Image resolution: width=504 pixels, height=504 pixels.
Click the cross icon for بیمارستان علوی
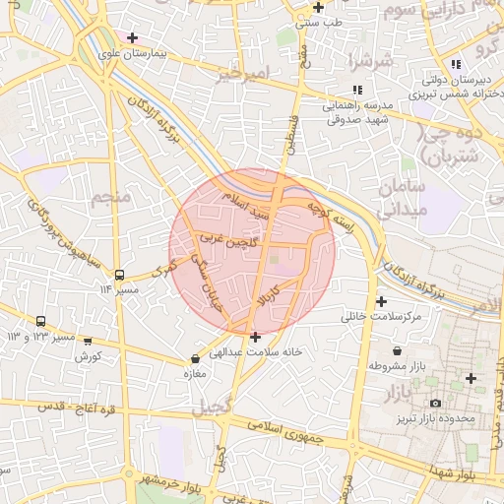[132, 37]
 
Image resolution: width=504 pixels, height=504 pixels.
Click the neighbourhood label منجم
[110, 198]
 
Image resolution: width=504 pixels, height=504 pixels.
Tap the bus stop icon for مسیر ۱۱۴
[120, 275]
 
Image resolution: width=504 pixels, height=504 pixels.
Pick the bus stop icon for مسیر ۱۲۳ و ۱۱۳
[40, 322]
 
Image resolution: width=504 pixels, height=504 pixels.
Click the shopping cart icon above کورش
[88, 343]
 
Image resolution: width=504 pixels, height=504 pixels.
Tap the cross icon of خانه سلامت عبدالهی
[256, 337]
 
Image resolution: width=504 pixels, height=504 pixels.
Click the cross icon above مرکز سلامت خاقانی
[381, 301]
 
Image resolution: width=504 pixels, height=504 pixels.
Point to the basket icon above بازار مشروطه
[396, 350]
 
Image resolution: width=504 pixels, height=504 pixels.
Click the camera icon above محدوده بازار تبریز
[435, 403]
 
